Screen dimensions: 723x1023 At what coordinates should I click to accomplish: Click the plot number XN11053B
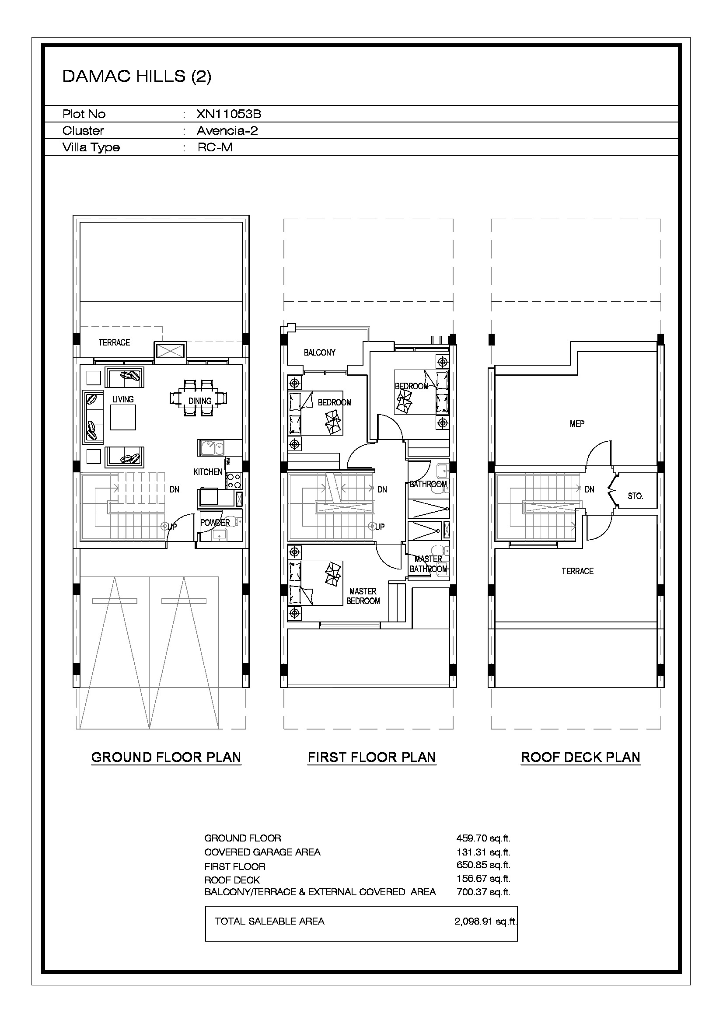pos(228,114)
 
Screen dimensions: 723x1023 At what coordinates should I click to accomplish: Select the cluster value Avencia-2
pos(227,130)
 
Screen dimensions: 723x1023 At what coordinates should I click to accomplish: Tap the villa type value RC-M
pos(215,147)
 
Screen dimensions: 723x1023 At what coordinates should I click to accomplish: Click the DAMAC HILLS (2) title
pos(137,76)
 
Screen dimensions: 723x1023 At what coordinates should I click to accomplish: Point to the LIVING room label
pos(123,399)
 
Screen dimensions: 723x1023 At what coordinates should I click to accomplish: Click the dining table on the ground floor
pos(199,398)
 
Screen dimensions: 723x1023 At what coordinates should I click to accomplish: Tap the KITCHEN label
pos(208,472)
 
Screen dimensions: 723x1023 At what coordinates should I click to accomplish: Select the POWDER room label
pos(215,523)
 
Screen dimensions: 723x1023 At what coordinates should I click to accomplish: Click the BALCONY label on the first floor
pos(319,353)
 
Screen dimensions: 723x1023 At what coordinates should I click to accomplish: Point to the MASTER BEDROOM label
pos(363,596)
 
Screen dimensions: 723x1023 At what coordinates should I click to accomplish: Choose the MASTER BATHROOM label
pos(429,564)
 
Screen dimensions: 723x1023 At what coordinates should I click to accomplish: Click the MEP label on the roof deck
pos(577,424)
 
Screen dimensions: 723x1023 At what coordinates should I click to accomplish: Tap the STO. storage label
pos(635,496)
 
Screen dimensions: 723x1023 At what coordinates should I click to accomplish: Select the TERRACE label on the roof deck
pos(577,571)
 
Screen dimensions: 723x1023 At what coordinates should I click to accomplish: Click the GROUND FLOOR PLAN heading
pos(166,757)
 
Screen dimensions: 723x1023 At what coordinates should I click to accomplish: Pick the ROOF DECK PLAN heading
pos(581,757)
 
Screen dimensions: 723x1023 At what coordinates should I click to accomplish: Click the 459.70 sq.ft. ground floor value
pos(483,838)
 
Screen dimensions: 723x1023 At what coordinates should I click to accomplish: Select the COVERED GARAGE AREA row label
pos(262,852)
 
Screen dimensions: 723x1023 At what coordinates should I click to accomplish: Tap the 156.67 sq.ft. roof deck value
pos(483,878)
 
